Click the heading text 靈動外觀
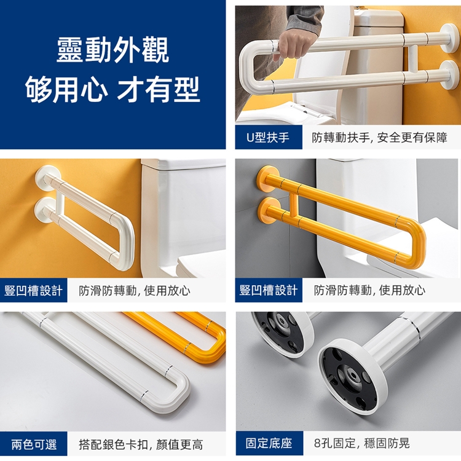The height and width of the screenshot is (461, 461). [113, 50]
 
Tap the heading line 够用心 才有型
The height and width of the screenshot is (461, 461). [113, 89]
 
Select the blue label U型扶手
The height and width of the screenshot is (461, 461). [268, 137]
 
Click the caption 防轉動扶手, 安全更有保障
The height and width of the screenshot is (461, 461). [380, 137]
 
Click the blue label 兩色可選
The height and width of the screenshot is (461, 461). [34, 444]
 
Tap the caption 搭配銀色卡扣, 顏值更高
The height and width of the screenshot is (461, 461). [141, 444]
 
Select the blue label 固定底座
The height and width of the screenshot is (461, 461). [269, 443]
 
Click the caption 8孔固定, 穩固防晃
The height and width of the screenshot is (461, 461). [361, 443]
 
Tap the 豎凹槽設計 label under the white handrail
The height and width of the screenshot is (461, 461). [33, 291]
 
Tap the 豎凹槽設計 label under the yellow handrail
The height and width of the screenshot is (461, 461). [269, 290]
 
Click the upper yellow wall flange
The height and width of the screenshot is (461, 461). [267, 178]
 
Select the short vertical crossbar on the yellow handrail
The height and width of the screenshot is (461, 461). [293, 204]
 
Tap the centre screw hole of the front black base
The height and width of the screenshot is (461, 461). [351, 377]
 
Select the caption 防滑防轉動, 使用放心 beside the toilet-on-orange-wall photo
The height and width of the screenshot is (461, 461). [134, 291]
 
